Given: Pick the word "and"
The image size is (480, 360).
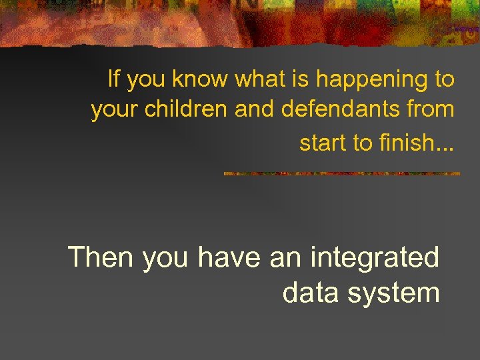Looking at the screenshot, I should pyautogui.click(x=255, y=109).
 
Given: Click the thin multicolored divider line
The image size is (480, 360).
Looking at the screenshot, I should pyautogui.click(x=341, y=173).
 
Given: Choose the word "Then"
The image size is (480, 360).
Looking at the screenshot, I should pyautogui.click(x=101, y=257).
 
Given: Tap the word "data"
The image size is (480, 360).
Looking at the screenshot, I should pyautogui.click(x=309, y=292).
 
